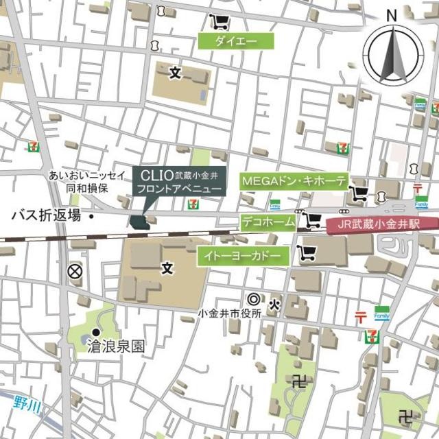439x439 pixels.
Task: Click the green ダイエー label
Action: click(236, 41)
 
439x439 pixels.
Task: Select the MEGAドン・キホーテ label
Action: click(294, 181)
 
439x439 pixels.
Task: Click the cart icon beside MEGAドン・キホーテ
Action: click(357, 193)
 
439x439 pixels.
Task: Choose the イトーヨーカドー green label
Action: click(242, 257)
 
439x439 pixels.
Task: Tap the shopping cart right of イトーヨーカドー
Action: click(306, 254)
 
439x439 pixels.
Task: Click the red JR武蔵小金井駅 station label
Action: click(381, 224)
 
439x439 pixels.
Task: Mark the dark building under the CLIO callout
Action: click(139, 222)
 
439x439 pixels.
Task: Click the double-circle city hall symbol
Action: click(254, 299)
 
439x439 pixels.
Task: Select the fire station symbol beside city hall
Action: click(274, 302)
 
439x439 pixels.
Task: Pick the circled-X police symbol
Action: click(74, 272)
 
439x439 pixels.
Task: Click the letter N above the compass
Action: click(392, 15)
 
